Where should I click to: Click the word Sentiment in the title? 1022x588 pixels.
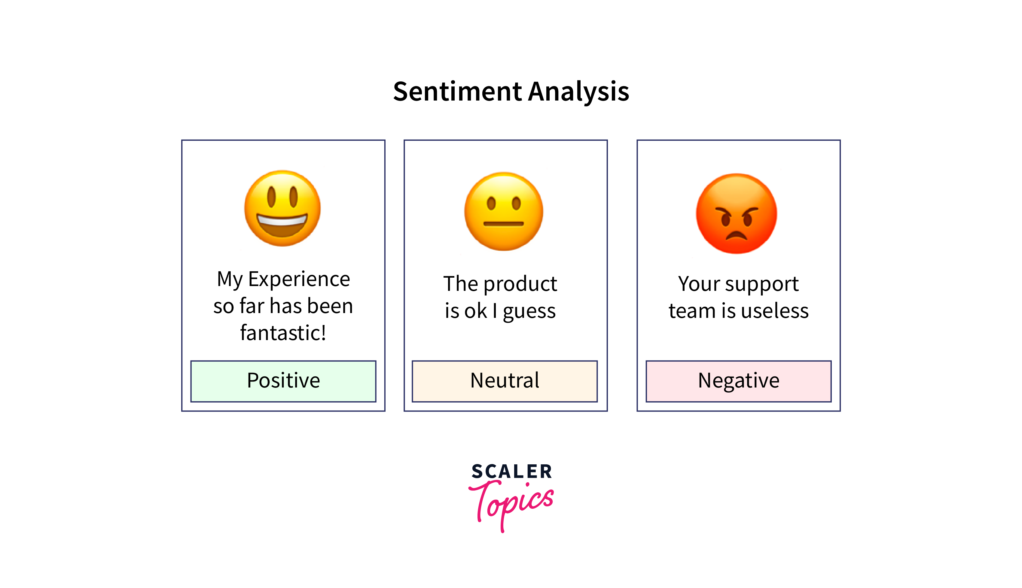tap(458, 91)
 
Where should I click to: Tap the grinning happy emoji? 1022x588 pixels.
tap(282, 208)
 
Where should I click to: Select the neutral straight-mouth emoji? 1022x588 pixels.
tap(503, 211)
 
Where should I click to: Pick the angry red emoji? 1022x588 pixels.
tap(736, 214)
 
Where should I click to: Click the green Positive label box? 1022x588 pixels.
tap(283, 381)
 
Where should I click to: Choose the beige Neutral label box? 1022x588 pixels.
tap(505, 381)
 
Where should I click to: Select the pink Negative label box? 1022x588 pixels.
tap(738, 381)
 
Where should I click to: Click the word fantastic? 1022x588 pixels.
tap(283, 333)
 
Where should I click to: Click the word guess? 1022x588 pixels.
tap(529, 312)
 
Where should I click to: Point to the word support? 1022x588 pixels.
tap(762, 284)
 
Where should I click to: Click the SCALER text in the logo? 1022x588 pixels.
tap(511, 471)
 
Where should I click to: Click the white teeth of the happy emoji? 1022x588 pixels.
tap(282, 221)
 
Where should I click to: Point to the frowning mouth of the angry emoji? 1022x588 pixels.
tap(736, 235)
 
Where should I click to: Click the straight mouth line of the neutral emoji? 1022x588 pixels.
tap(503, 223)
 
